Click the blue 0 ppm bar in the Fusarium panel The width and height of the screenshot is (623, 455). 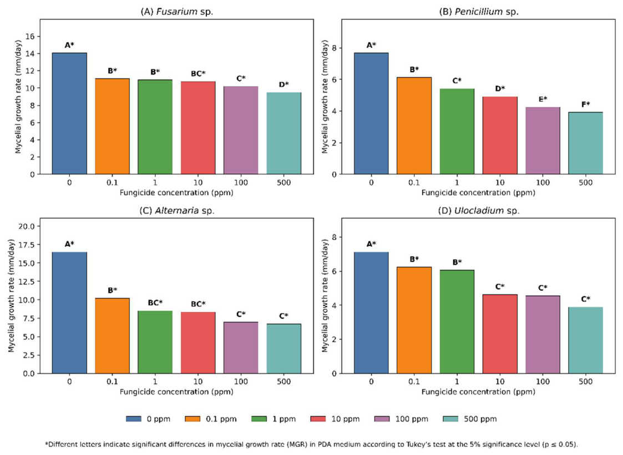(69, 113)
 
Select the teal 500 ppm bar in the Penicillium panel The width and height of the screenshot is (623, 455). (586, 143)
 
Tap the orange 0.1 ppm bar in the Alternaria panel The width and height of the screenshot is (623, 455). (113, 336)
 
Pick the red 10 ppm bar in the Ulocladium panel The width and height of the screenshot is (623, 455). (500, 334)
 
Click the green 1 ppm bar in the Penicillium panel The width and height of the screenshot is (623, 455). (457, 132)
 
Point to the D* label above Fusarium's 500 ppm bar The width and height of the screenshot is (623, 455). (283, 85)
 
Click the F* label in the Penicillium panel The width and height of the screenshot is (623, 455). (586, 104)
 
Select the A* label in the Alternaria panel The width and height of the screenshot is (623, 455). (69, 244)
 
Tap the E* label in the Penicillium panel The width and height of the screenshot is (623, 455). (543, 99)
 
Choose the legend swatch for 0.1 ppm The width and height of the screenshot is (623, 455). (193, 419)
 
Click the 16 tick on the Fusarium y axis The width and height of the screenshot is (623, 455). (30, 37)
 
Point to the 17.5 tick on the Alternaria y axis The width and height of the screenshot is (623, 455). (27, 244)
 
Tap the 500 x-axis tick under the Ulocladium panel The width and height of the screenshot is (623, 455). (586, 382)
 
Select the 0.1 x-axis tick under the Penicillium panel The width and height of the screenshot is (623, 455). (414, 183)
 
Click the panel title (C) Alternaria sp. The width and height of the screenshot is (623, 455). (177, 211)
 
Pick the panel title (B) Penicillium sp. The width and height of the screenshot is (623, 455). (479, 12)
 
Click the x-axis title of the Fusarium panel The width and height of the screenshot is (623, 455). (176, 193)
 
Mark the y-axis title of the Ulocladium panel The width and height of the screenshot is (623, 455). (325, 296)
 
